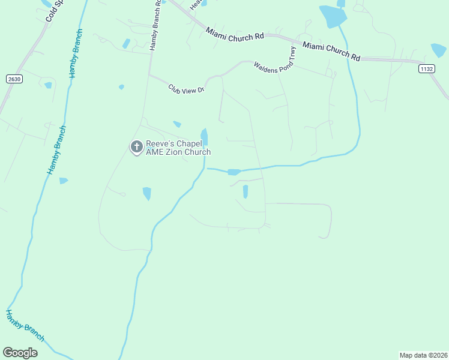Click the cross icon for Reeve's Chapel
pyautogui.click(x=136, y=146)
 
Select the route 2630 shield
pyautogui.click(x=14, y=79)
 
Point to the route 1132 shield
pyautogui.click(x=426, y=69)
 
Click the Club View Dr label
pyautogui.click(x=187, y=89)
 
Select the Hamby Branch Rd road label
pyautogui.click(x=155, y=25)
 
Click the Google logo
pyautogui.click(x=20, y=353)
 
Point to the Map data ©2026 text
pyautogui.click(x=423, y=355)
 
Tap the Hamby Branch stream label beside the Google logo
pyautogui.click(x=25, y=325)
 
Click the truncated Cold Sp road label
pyautogui.click(x=55, y=11)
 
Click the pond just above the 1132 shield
pyautogui.click(x=439, y=50)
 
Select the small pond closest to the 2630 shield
pyautogui.click(x=48, y=85)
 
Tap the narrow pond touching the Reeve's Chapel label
pyautogui.click(x=204, y=137)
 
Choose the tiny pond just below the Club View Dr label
pyautogui.click(x=177, y=124)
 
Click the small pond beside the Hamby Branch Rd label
pyautogui.click(x=126, y=43)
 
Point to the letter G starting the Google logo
pyautogui.click(x=8, y=352)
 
